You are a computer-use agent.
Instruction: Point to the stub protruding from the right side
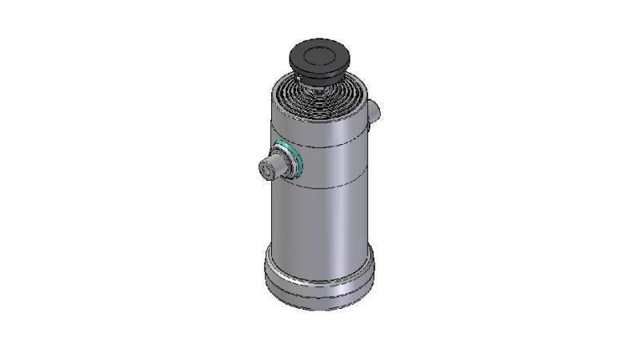374,111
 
